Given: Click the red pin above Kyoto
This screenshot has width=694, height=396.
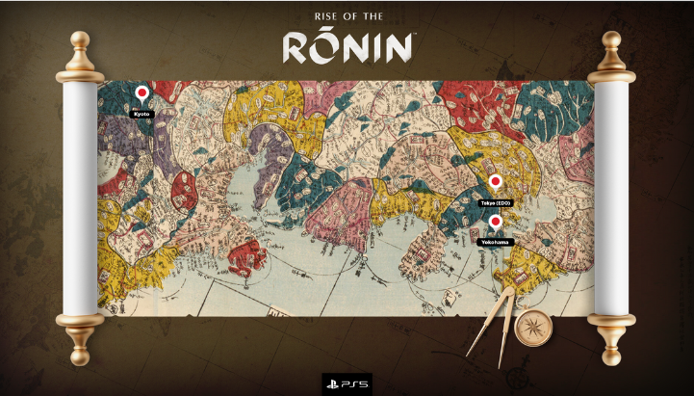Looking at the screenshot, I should coord(142,93).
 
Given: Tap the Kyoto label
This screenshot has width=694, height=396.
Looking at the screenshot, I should coord(142,113).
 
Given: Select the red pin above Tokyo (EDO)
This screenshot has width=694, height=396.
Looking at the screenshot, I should coord(496,182).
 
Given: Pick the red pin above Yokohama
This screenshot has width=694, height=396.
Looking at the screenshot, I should coord(496,223).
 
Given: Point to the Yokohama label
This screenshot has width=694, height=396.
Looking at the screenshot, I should coord(496,242).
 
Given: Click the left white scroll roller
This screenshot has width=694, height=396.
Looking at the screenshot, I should coord(81,197).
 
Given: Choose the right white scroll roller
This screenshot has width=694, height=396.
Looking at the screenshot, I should coord(612,197).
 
